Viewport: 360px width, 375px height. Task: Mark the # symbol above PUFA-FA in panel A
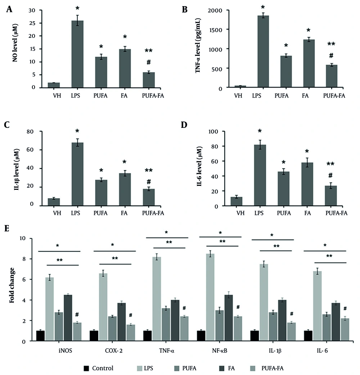click(x=148, y=62)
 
